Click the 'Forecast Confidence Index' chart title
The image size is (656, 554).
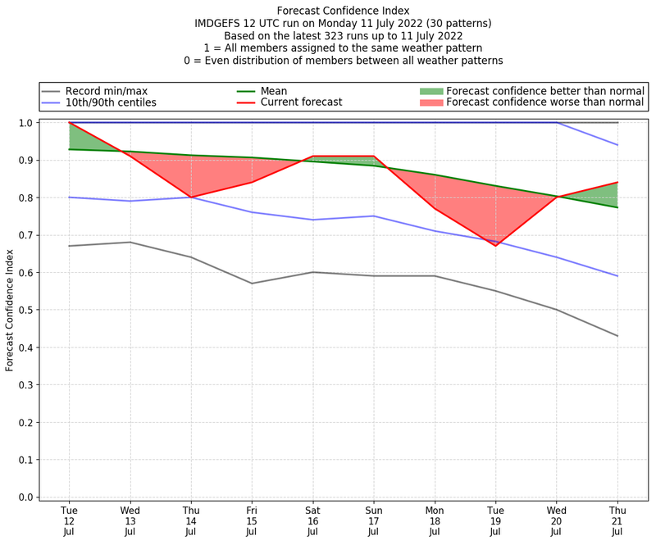(x=343, y=11)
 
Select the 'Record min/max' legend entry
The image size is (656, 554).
(x=106, y=91)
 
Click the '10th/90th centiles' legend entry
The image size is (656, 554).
(x=111, y=103)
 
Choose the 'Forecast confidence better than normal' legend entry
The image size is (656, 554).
(x=545, y=91)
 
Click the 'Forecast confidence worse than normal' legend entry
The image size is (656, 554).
(x=545, y=103)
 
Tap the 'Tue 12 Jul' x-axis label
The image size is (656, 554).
(x=69, y=521)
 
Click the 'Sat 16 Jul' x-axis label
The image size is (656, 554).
(x=312, y=521)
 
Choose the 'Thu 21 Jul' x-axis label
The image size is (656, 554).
(x=617, y=521)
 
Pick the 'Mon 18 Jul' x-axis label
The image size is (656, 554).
(x=435, y=521)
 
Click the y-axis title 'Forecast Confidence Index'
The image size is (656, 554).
(x=10, y=310)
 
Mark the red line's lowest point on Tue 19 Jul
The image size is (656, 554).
(x=495, y=246)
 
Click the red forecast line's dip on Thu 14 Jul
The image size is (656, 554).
(x=191, y=198)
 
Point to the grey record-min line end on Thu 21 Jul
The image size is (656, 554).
(x=617, y=336)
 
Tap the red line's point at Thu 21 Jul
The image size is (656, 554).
(x=617, y=183)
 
